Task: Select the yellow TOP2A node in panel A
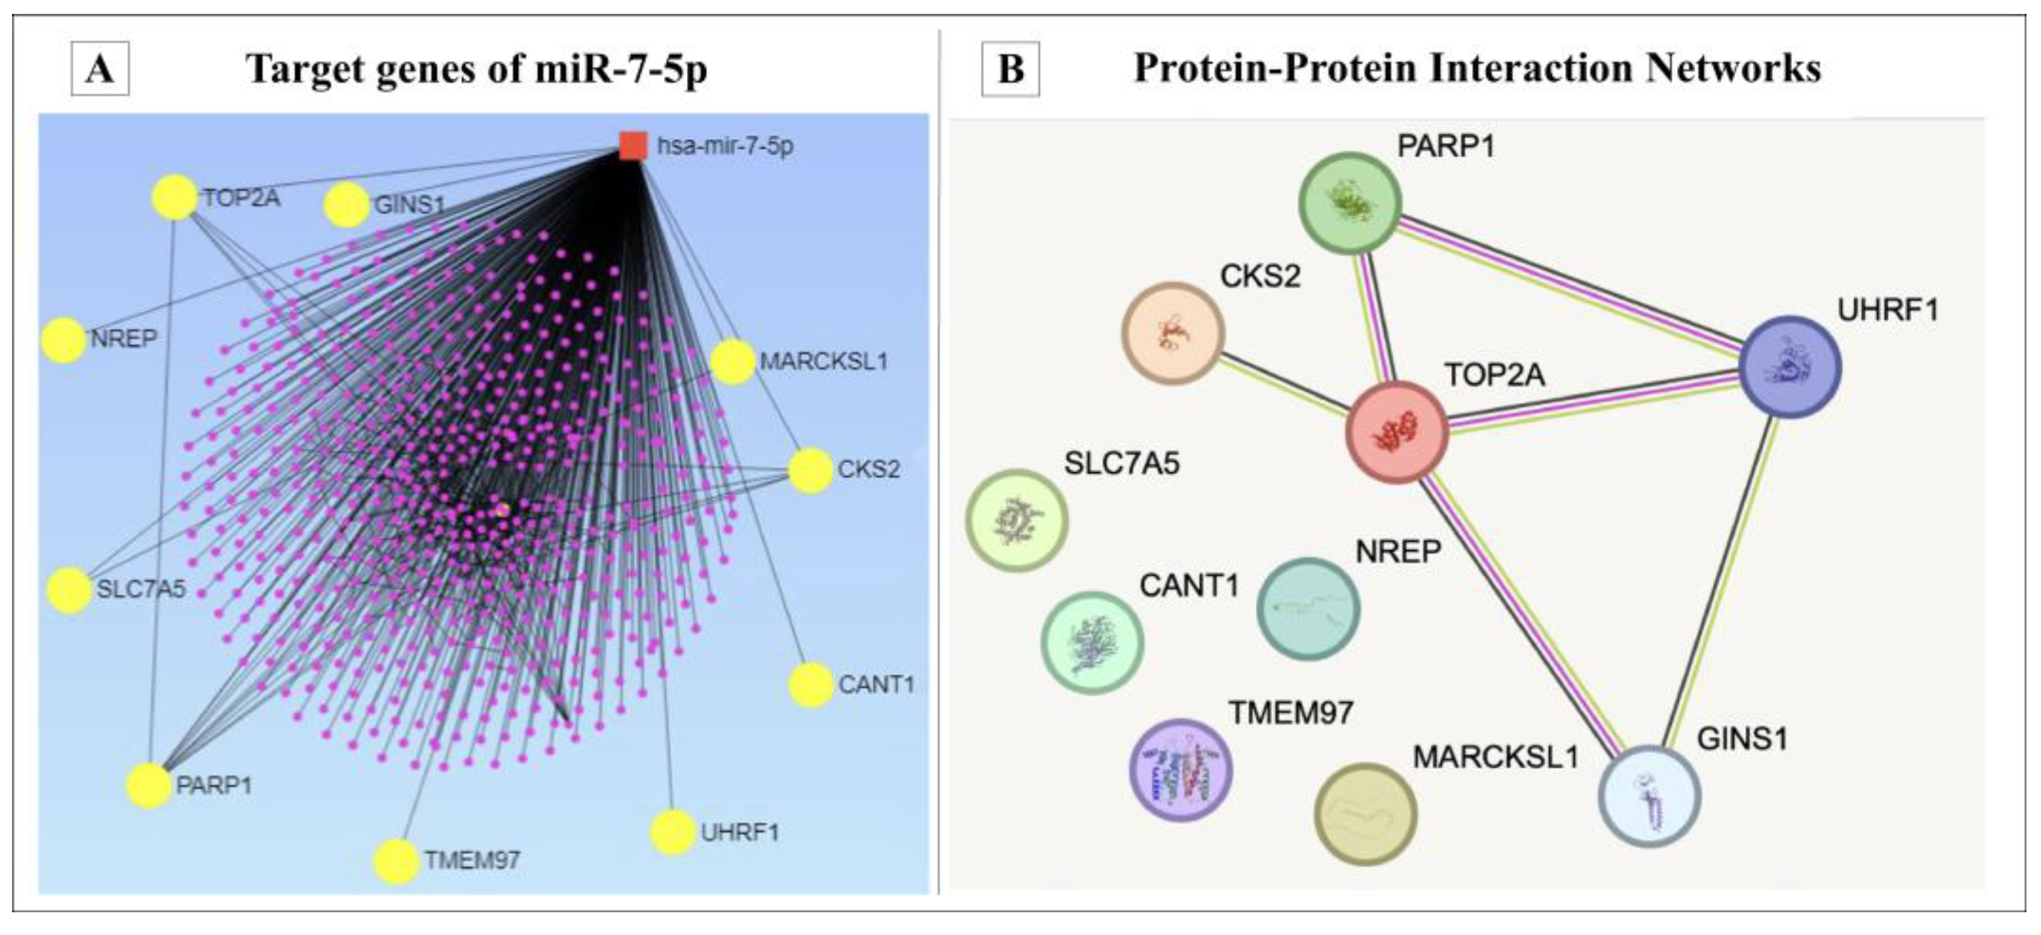point(174,197)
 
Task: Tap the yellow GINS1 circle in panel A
point(346,205)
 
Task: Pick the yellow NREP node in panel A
point(63,340)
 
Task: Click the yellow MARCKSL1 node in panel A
point(732,362)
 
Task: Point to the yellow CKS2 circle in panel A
point(809,470)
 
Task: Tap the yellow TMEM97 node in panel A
point(396,861)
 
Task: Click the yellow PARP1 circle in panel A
point(149,785)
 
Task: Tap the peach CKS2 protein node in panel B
point(1173,333)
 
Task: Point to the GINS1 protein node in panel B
point(1650,795)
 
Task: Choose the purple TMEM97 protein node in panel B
point(1180,769)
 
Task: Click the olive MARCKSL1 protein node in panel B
point(1365,813)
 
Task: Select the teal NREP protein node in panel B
point(1308,608)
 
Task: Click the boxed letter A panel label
point(100,69)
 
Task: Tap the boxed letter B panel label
point(1010,69)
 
